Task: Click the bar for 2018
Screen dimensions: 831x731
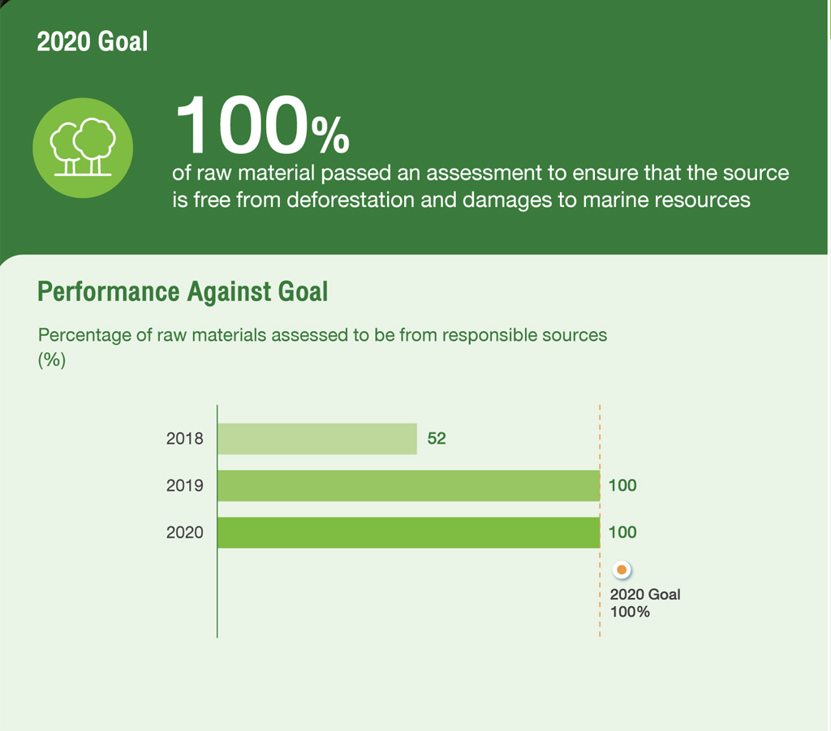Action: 317,439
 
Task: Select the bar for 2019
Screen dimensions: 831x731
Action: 409,485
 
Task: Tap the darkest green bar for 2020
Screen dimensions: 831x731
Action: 409,532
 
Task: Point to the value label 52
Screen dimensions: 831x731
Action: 437,439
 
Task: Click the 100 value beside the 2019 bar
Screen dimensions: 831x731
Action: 622,485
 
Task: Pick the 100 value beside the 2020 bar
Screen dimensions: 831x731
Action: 622,532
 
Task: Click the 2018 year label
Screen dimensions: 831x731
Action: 184,439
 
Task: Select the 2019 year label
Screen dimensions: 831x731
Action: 184,485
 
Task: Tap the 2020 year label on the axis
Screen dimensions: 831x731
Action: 184,532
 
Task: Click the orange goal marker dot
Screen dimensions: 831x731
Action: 622,570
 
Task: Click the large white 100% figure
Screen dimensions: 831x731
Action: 262,125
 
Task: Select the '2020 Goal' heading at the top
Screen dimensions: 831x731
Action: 93,41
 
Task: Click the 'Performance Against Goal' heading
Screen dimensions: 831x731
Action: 183,291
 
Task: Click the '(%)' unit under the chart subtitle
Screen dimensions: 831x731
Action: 52,360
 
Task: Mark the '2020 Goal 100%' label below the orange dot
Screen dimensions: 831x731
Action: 645,603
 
